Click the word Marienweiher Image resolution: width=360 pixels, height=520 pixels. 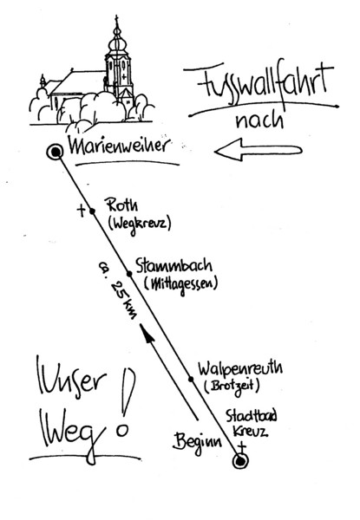(120, 146)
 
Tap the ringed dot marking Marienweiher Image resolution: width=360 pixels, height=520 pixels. (55, 153)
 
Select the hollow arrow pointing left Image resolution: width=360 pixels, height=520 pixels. (259, 150)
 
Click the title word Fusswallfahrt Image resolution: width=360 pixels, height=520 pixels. (262, 85)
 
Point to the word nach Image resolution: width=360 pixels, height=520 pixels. (259, 120)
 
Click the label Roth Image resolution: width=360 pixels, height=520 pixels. (121, 205)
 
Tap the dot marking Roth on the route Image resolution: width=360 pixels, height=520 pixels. (93, 211)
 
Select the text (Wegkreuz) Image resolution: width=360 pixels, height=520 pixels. (140, 224)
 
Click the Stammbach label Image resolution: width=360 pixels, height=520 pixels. (173, 266)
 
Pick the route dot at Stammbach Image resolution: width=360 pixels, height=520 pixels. (129, 274)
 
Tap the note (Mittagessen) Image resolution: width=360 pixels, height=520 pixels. (180, 285)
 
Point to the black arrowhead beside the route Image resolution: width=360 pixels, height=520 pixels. (147, 333)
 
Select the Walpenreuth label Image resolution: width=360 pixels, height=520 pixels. (240, 368)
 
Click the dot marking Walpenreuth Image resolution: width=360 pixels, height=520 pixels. (191, 379)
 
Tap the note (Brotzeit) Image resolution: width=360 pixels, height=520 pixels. (232, 386)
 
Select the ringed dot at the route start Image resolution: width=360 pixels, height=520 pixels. (240, 461)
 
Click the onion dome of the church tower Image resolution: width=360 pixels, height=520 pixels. (118, 42)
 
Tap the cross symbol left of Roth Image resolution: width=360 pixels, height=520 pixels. (81, 211)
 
